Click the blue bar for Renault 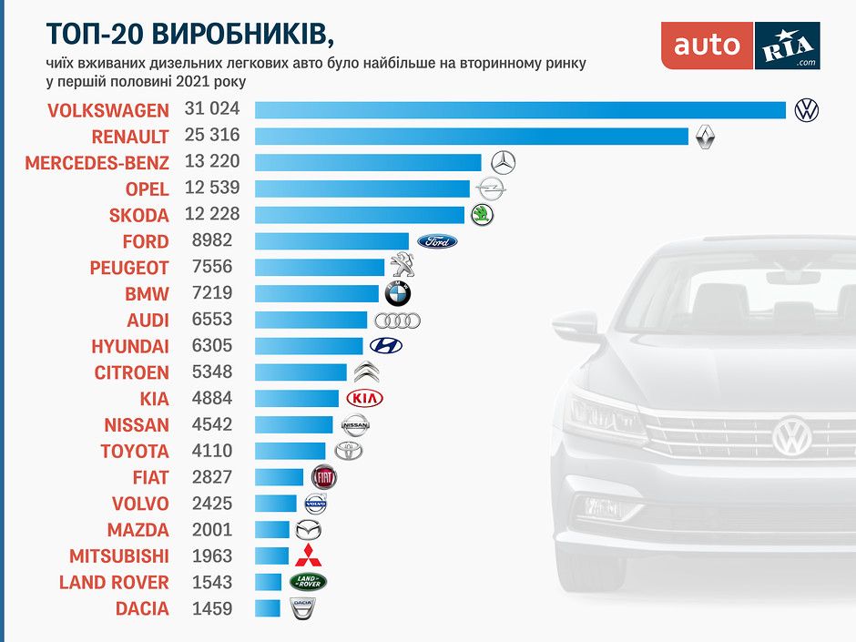[x=471, y=137]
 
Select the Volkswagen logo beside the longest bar [x=807, y=110]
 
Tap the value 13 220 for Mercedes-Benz [x=212, y=163]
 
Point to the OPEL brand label [x=147, y=189]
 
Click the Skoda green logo [x=482, y=215]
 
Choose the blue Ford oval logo [x=437, y=241]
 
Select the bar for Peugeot [x=320, y=268]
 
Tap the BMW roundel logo [x=398, y=293]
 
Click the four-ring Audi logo [x=397, y=321]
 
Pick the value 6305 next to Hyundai [x=212, y=347]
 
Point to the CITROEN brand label [x=131, y=373]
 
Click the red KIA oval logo [x=365, y=399]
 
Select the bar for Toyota [x=290, y=451]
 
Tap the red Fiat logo [x=325, y=477]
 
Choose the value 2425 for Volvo [x=212, y=504]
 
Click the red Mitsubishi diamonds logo [x=308, y=555]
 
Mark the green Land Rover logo [x=307, y=582]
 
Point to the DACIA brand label [x=142, y=609]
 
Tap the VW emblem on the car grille [x=791, y=436]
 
